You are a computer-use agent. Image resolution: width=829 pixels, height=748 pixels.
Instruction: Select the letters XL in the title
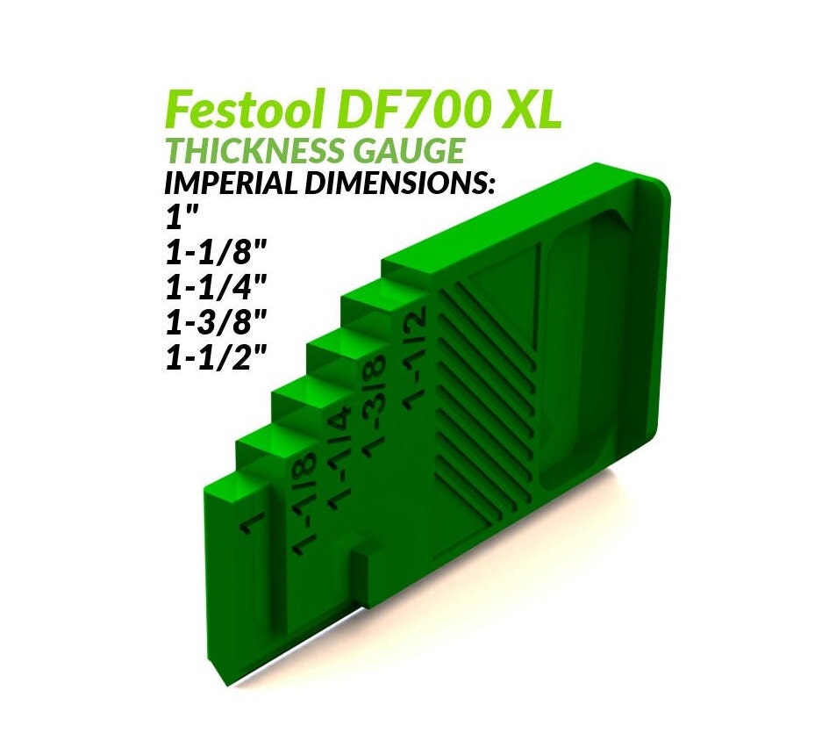(x=529, y=111)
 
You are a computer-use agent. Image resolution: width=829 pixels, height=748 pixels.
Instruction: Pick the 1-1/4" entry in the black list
(x=215, y=289)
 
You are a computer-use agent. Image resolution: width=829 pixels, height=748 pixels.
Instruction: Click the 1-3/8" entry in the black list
(x=215, y=324)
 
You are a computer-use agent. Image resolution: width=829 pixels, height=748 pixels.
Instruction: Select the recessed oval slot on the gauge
(x=586, y=351)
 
